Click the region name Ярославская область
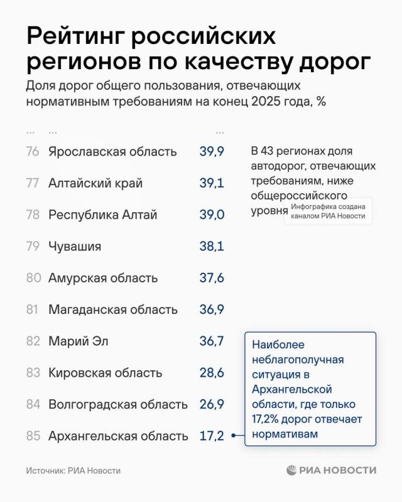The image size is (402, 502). pos(112,151)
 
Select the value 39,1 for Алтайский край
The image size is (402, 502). pos(212,183)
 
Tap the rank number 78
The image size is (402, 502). pos(33,215)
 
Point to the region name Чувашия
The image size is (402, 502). pos(75,246)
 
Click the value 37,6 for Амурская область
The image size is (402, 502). pos(212,278)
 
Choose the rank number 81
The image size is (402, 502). pos(33,309)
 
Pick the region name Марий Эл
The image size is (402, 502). pos(79,341)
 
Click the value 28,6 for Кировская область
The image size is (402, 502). pos(212,373)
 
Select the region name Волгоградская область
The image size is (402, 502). pos(118,404)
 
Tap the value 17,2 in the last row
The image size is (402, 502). pos(212,435)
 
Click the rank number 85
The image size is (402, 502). pos(33,435)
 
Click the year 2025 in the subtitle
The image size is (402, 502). pos(266,102)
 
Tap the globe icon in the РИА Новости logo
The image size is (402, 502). pos(291,470)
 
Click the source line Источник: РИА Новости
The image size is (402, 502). pos(73,471)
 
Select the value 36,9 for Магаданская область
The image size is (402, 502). pos(212,309)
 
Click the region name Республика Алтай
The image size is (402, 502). pos(102,215)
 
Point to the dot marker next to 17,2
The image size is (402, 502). pos(234,435)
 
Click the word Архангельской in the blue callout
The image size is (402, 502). pos(291,389)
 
